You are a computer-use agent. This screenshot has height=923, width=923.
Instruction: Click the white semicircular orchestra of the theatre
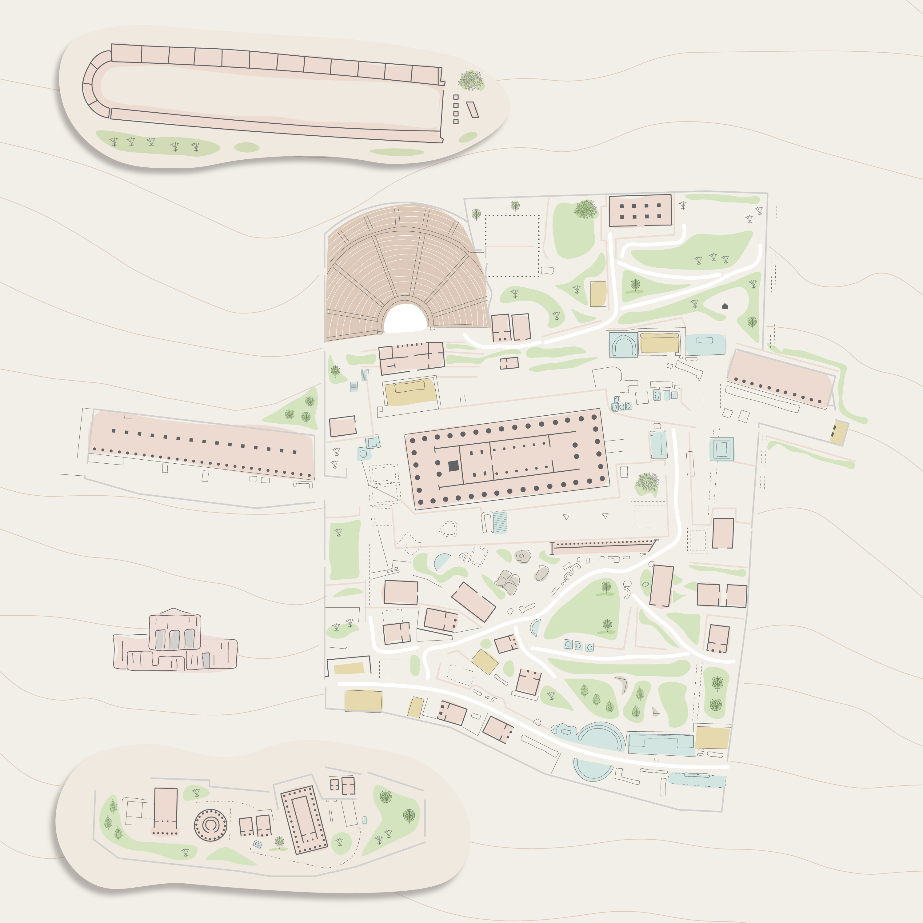tap(405, 319)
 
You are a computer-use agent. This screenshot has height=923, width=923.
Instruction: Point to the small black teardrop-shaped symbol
tap(725, 306)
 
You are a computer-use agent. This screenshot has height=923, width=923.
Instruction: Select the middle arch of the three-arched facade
tap(174, 639)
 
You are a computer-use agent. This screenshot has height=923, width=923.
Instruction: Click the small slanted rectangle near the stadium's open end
tap(473, 110)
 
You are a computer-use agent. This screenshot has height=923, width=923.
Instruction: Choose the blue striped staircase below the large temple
tap(499, 522)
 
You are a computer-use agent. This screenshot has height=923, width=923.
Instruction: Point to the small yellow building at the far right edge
tap(839, 433)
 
